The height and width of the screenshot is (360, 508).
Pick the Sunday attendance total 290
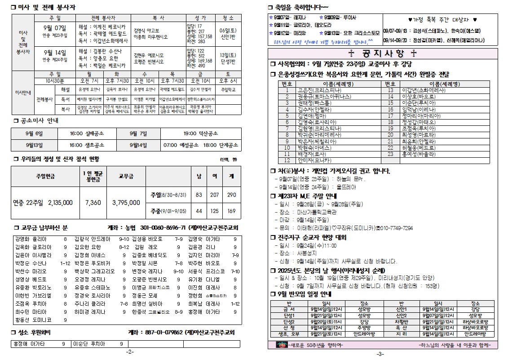(231, 195)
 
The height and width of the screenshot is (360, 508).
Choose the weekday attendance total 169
(231, 210)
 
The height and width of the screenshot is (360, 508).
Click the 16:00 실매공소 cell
(87, 133)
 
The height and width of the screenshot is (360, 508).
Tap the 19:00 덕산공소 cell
(201, 133)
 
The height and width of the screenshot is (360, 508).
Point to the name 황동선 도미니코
(33, 320)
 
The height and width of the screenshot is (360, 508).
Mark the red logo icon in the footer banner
(283, 345)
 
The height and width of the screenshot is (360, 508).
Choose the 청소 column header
(228, 18)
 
